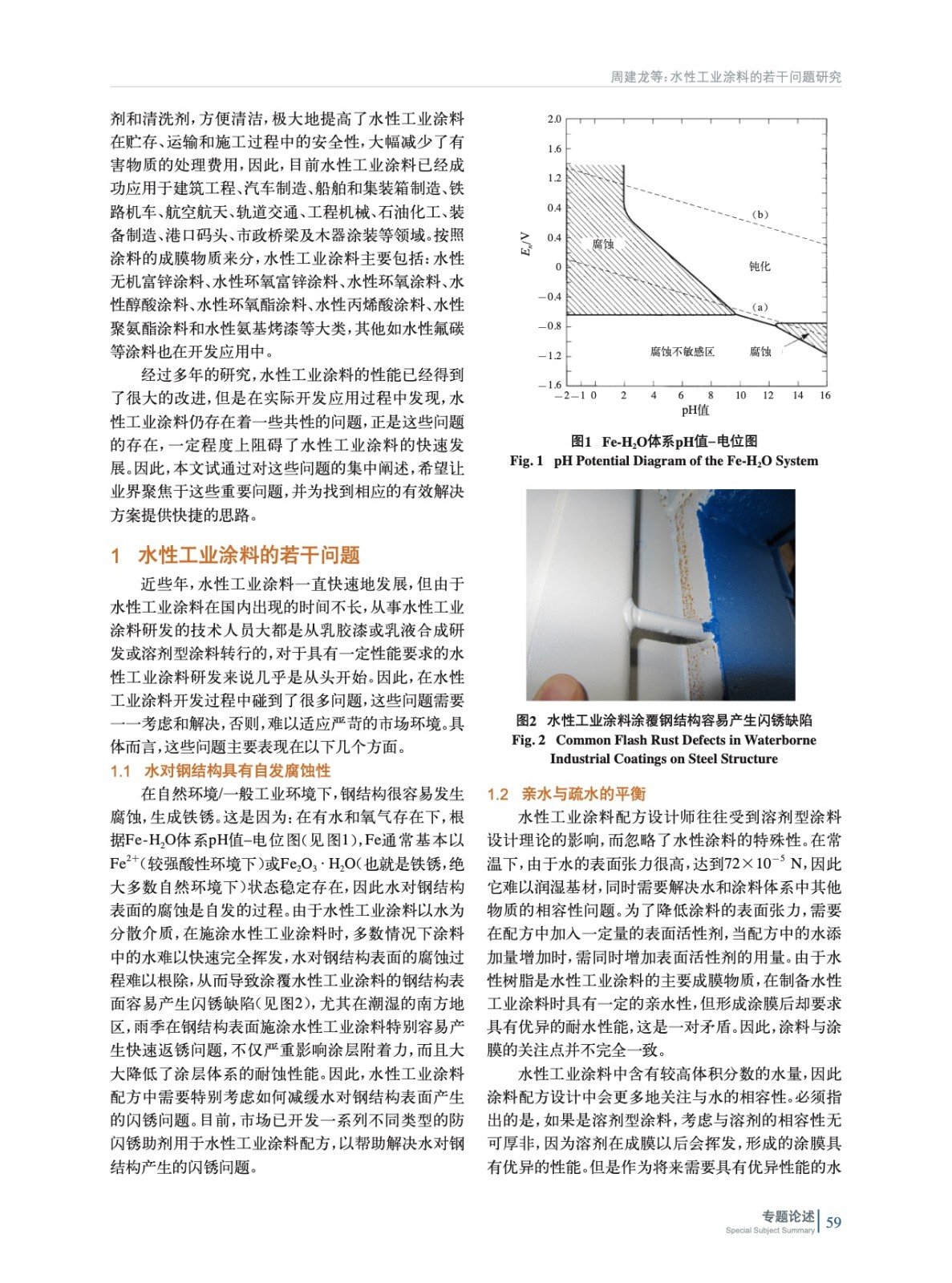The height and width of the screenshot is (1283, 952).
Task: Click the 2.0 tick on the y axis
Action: pyautogui.click(x=554, y=119)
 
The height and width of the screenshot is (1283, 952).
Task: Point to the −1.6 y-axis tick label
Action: pyautogui.click(x=551, y=386)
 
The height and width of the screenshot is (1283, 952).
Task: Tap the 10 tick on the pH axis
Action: pyautogui.click(x=740, y=395)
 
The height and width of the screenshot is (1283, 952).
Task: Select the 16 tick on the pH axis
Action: pyautogui.click(x=825, y=395)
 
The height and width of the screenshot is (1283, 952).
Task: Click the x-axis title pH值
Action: pyautogui.click(x=695, y=411)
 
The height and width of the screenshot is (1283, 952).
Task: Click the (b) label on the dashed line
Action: pyautogui.click(x=760, y=215)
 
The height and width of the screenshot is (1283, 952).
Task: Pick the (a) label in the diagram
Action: pyautogui.click(x=760, y=307)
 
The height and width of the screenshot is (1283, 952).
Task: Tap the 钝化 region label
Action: pyautogui.click(x=760, y=266)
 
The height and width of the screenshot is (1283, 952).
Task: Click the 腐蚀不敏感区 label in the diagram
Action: pyautogui.click(x=682, y=352)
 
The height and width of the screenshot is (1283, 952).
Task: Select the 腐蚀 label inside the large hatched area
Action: pyautogui.click(x=603, y=245)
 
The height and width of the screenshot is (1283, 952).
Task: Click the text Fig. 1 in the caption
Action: pyautogui.click(x=526, y=461)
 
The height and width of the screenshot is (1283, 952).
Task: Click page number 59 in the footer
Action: pyautogui.click(x=834, y=1222)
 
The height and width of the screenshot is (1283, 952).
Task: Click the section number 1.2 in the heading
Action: pyautogui.click(x=498, y=794)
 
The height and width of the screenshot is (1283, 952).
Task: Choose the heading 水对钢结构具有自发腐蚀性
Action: pyautogui.click(x=237, y=771)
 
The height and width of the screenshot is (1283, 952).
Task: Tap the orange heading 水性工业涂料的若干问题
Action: pyautogui.click(x=249, y=555)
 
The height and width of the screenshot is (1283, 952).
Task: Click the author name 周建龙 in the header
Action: pyautogui.click(x=629, y=77)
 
